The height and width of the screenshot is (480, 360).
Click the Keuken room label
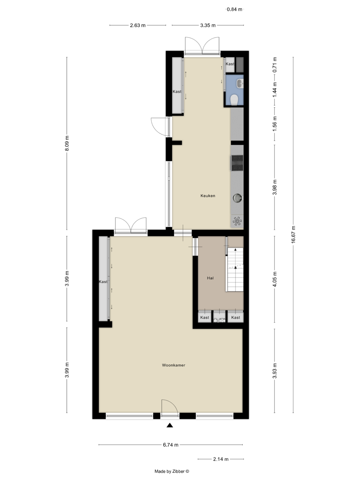[x=208, y=196]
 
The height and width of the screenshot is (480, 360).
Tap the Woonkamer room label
[x=174, y=365]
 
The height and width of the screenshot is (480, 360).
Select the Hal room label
[x=210, y=278]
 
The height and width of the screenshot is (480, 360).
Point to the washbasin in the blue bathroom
[x=240, y=83]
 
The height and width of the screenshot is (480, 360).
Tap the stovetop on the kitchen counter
[x=237, y=163]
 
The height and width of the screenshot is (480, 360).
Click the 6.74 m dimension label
[x=170, y=444]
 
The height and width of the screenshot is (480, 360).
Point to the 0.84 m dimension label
[x=234, y=9]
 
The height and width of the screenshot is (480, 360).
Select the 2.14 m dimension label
[x=221, y=459]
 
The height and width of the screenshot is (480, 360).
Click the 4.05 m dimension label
[x=274, y=280]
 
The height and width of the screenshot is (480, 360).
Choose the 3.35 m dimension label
[x=208, y=26]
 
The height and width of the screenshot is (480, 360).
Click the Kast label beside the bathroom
[x=230, y=64]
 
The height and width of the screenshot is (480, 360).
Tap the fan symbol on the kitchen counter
[x=237, y=220]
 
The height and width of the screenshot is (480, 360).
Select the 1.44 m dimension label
[x=274, y=90]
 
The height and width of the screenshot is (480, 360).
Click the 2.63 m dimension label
[x=138, y=26]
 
